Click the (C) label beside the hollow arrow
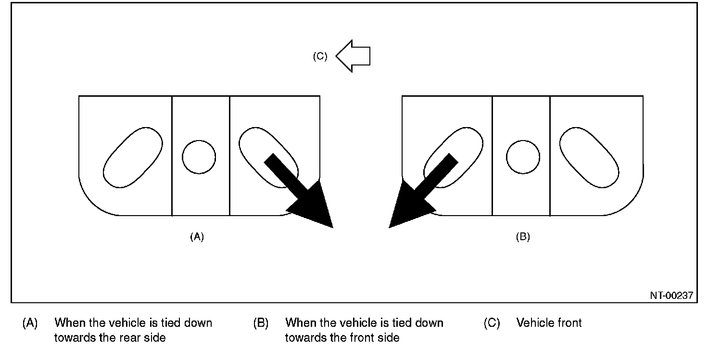pyautogui.click(x=320, y=56)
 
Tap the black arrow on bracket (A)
pyautogui.click(x=303, y=193)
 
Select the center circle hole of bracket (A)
pyautogui.click(x=199, y=157)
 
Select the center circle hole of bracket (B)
pyautogui.click(x=523, y=157)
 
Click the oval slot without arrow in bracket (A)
pyautogui.click(x=133, y=157)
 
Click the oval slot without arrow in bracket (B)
pyautogui.click(x=589, y=157)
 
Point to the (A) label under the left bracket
pyautogui.click(x=197, y=236)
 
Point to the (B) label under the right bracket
pyautogui.click(x=523, y=236)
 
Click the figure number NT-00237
pyautogui.click(x=672, y=296)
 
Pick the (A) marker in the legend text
pyautogui.click(x=30, y=322)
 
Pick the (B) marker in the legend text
pyautogui.click(x=261, y=322)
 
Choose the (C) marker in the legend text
pyautogui.click(x=492, y=322)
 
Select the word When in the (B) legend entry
pyautogui.click(x=301, y=322)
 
